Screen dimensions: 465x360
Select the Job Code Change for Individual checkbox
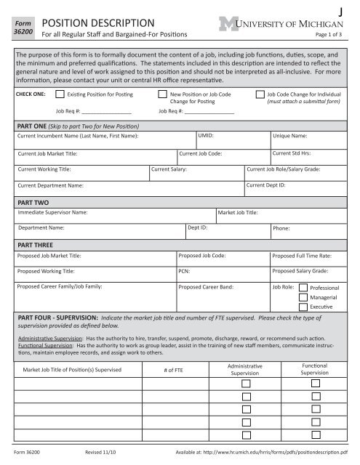point(260,94)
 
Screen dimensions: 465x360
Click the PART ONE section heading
point(33,126)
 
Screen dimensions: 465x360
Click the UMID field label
point(206,136)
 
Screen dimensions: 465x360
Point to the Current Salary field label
point(169,169)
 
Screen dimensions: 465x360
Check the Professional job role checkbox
point(303,288)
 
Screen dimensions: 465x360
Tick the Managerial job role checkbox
point(303,298)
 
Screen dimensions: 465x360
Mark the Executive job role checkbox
point(303,308)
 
